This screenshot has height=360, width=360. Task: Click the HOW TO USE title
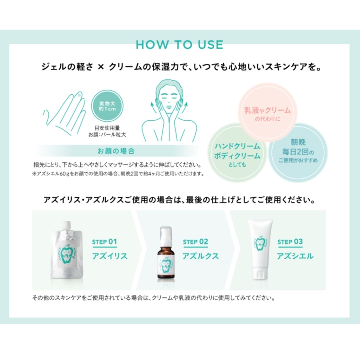tap(180, 45)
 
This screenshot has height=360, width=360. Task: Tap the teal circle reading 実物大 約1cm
tap(107, 106)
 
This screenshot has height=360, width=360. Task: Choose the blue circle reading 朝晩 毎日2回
tap(298, 152)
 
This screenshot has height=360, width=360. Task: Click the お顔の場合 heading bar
tap(116, 151)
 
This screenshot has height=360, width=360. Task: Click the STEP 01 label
tap(104, 242)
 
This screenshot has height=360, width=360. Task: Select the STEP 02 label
tap(195, 242)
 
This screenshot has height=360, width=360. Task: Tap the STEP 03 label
tap(290, 242)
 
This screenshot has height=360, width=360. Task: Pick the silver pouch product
tap(67, 250)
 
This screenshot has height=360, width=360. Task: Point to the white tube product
tap(260, 249)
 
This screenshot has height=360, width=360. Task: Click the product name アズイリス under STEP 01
tap(110, 256)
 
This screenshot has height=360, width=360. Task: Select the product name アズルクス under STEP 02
tap(201, 256)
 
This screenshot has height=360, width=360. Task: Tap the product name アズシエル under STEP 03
tap(295, 256)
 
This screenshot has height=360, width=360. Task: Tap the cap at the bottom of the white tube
tap(260, 275)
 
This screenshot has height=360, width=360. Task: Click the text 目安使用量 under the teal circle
tap(107, 128)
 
